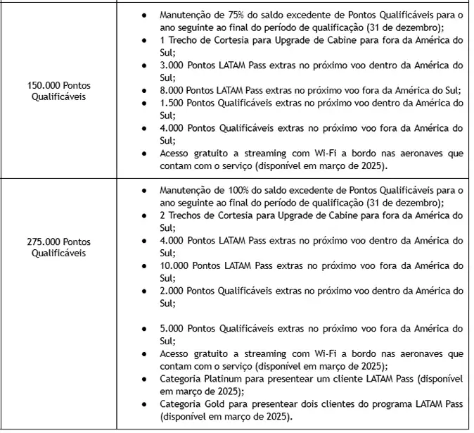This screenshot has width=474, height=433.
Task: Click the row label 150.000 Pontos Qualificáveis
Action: (x=59, y=91)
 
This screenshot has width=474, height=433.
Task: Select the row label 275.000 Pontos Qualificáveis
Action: (x=59, y=247)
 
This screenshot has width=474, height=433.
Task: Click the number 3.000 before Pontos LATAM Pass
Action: (x=173, y=65)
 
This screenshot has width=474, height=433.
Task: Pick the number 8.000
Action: (x=173, y=90)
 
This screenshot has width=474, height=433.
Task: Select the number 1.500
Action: (x=173, y=103)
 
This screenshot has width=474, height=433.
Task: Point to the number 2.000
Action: (x=173, y=291)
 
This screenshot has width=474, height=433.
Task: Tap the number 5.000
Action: (x=173, y=329)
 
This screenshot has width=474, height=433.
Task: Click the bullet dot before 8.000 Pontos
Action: (x=144, y=91)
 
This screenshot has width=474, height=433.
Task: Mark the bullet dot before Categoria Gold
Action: (x=144, y=406)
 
